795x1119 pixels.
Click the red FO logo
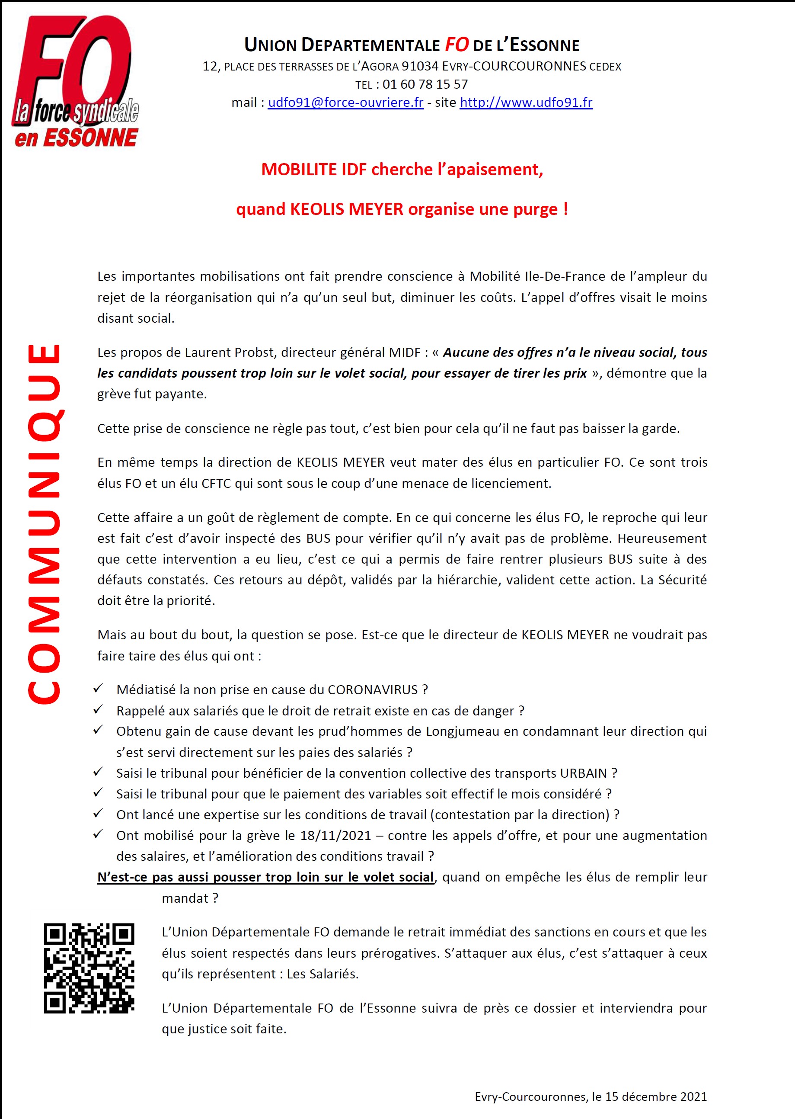click(74, 81)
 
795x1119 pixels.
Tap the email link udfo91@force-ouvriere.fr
click(345, 103)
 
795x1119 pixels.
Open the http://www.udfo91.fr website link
click(526, 103)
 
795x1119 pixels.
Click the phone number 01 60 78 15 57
click(425, 84)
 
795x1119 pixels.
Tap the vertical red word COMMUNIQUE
click(44, 524)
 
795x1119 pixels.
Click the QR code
click(89, 968)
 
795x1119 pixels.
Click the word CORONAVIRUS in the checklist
click(373, 690)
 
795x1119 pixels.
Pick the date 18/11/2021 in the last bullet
click(336, 835)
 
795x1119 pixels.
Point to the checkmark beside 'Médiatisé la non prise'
click(98, 689)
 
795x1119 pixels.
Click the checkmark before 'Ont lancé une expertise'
click(98, 814)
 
